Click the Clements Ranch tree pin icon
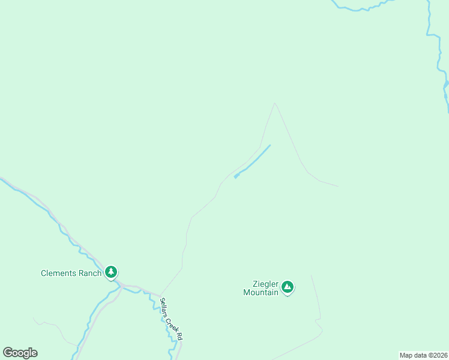point(111,272)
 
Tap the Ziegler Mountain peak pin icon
point(288,287)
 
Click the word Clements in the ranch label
point(59,273)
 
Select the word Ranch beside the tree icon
point(89,273)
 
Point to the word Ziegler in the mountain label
point(264,283)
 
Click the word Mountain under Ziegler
point(261,292)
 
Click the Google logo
point(20,353)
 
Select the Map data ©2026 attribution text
point(423,355)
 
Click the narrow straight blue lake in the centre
point(252,161)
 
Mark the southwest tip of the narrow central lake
point(235,176)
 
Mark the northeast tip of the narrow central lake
point(270,145)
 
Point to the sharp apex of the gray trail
point(275,103)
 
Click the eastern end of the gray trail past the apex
point(337,185)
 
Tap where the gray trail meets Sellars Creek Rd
point(161,295)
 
